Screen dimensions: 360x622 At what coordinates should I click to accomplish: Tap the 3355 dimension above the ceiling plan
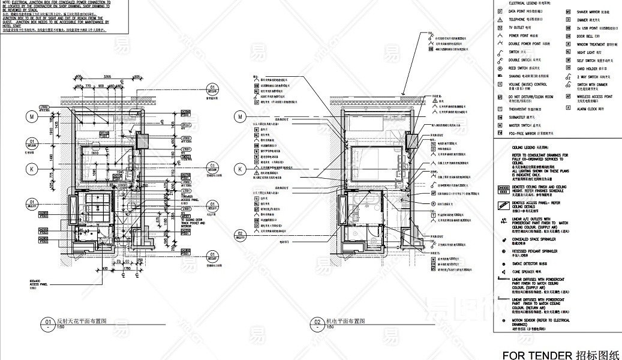click(x=108, y=77)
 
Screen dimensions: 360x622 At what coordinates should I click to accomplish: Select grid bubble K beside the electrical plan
click(x=241, y=170)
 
